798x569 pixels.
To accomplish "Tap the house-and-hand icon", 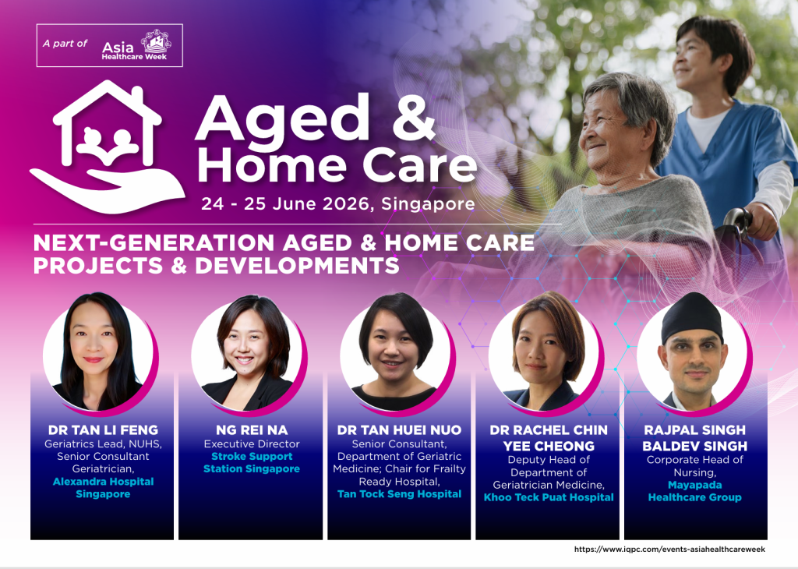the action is (108, 147).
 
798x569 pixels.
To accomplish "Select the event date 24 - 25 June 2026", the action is (285, 203).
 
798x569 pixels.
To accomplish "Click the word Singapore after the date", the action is (428, 204).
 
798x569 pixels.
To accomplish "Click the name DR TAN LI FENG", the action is (104, 430).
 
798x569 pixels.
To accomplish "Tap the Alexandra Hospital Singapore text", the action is (104, 488).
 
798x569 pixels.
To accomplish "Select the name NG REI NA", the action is (252, 430).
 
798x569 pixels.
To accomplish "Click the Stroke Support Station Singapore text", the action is (252, 463).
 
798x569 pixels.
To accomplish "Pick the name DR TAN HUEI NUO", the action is (400, 430).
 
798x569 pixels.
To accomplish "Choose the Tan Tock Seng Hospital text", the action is (400, 493).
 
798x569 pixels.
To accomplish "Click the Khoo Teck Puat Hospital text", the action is (549, 497).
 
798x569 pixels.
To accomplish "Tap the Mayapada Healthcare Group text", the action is (694, 491).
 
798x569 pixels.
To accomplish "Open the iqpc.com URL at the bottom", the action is (669, 550).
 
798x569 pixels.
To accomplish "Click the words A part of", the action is (65, 44).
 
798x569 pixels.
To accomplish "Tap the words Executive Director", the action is (252, 444).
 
